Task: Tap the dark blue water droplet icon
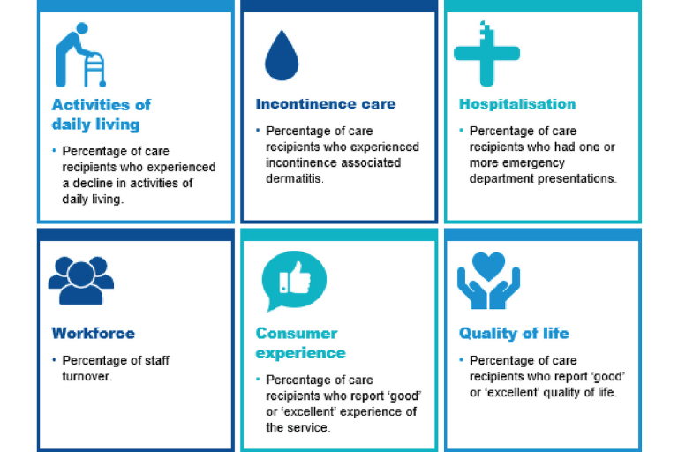click(282, 56)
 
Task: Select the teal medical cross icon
click(487, 54)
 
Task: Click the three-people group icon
click(81, 280)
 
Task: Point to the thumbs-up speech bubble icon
click(294, 280)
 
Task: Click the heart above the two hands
click(488, 266)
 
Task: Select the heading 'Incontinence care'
click(326, 104)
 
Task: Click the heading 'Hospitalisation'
click(517, 104)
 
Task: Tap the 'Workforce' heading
click(93, 334)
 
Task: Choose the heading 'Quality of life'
click(514, 334)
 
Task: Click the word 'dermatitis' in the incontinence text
click(293, 178)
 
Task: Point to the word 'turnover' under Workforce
click(86, 376)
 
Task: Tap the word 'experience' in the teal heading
click(300, 353)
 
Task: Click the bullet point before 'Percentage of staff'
click(54, 359)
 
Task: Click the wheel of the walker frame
click(102, 84)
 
